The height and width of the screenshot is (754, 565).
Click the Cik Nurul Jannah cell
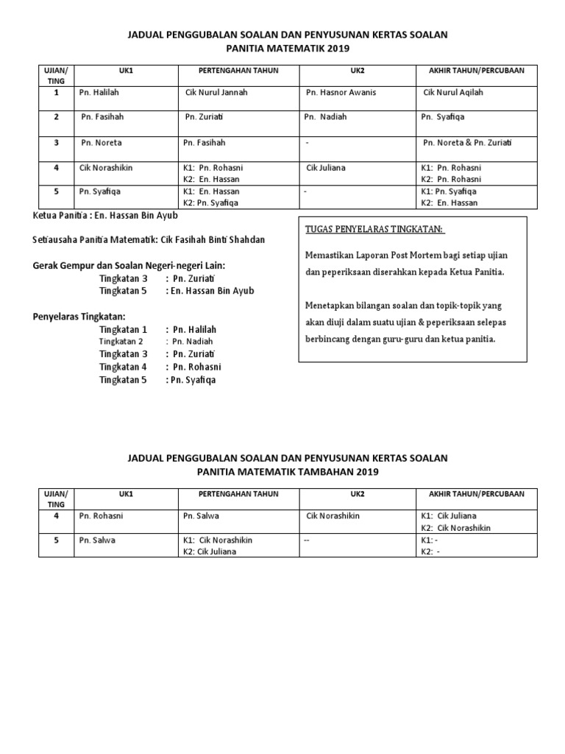point(216,93)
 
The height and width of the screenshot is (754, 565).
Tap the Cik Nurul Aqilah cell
point(453,93)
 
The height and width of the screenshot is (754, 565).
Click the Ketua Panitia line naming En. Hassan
point(106,216)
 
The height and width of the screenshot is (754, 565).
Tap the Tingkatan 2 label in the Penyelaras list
point(121,342)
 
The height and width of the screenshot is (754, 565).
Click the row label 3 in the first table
point(56,143)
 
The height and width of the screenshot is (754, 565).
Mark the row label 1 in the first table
point(56,93)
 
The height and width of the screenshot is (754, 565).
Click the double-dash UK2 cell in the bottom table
point(307,540)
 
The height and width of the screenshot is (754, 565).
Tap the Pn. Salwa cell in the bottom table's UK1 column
point(97,540)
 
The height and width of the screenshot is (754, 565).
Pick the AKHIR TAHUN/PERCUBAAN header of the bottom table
point(471,493)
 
